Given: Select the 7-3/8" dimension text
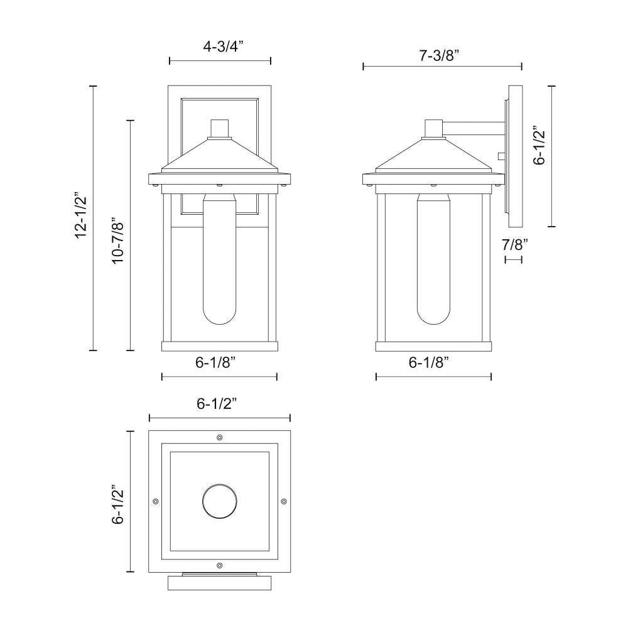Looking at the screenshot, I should pos(440,55).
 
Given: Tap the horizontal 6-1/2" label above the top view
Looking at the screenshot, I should pos(219,404).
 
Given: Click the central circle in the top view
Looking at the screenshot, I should pos(219,501).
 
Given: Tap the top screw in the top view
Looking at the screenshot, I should pos(219,437).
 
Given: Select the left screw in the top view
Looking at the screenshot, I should pos(155,501).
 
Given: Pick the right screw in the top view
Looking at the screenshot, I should pos(283,501).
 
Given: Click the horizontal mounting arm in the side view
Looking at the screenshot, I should pos(474,128).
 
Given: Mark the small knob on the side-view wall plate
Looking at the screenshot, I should pos(501,155).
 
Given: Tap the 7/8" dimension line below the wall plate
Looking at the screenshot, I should pos(514,259).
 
